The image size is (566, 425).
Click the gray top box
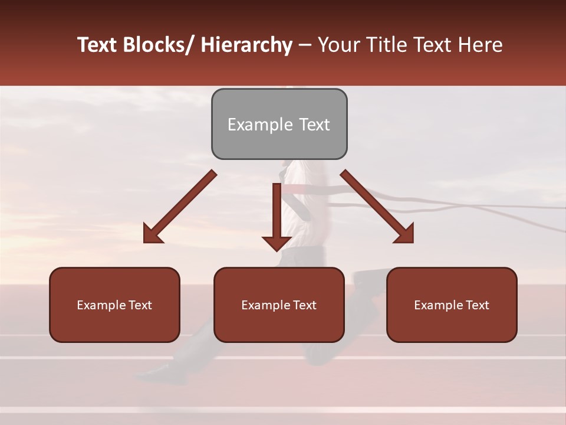[279, 124]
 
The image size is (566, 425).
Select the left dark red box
[114, 305]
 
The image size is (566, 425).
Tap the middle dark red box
[279, 305]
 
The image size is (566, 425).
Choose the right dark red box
[452, 305]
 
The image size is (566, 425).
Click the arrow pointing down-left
[179, 207]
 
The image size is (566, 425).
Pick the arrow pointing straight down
[277, 216]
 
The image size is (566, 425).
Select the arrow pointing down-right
[377, 207]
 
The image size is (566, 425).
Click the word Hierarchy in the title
[246, 45]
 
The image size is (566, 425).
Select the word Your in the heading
[338, 45]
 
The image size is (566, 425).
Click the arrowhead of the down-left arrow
[152, 236]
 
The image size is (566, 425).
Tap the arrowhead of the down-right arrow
[405, 234]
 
